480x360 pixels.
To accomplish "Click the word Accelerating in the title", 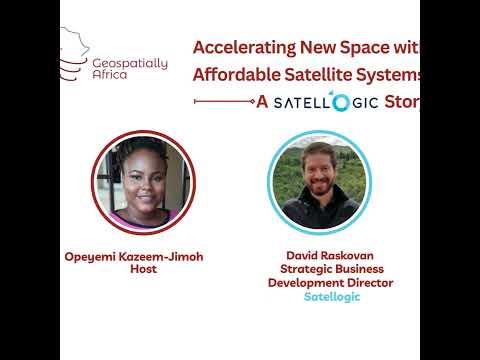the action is pyautogui.click(x=244, y=48).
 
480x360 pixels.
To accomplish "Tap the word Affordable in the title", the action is pyautogui.click(x=237, y=74).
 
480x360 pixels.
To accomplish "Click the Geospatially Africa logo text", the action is pyautogui.click(x=130, y=69).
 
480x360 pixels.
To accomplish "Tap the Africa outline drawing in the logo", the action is pyautogui.click(x=74, y=53).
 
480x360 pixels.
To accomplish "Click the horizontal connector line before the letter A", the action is pyautogui.click(x=224, y=101).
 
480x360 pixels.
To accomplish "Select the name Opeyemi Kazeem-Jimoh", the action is pyautogui.click(x=134, y=257).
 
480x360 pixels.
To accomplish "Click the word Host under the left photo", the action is pyautogui.click(x=143, y=269).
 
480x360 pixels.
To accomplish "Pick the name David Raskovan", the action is pyautogui.click(x=330, y=255).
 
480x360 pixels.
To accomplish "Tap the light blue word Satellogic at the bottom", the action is pyautogui.click(x=332, y=297).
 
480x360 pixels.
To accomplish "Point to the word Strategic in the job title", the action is pyautogui.click(x=302, y=269).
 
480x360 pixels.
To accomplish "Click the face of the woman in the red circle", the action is pyautogui.click(x=145, y=180).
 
